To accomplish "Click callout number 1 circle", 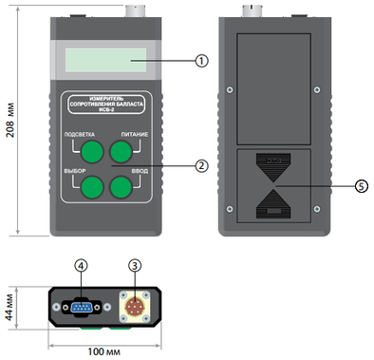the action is point(201,60).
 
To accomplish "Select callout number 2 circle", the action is point(201,165).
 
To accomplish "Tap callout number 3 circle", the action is point(135,265).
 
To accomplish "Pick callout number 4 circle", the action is point(82,265).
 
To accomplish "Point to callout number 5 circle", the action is point(361,186).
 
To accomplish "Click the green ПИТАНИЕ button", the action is point(121,152).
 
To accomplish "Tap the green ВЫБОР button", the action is point(92,187).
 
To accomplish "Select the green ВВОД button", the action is point(121,187).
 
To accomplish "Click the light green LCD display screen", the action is point(106,60).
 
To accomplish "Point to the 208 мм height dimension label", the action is point(10,120).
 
